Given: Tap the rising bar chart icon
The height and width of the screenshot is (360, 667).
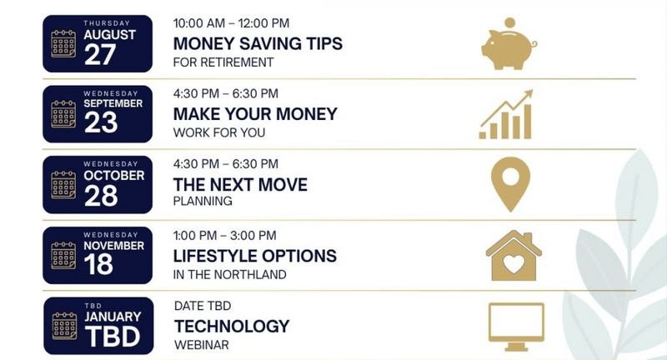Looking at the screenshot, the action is pyautogui.click(x=506, y=115).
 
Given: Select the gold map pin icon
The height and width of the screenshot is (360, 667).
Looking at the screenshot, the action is pyautogui.click(x=510, y=184).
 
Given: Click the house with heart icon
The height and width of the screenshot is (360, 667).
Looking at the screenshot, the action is pyautogui.click(x=514, y=256).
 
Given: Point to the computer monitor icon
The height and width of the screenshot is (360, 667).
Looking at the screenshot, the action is pyautogui.click(x=516, y=327).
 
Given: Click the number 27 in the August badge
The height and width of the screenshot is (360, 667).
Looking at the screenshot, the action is pyautogui.click(x=100, y=54).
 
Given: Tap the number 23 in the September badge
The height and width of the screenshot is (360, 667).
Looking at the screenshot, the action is pyautogui.click(x=101, y=122).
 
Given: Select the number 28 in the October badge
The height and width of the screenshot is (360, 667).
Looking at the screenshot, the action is pyautogui.click(x=101, y=196).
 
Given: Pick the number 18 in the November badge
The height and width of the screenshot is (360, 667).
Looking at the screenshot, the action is pyautogui.click(x=98, y=264).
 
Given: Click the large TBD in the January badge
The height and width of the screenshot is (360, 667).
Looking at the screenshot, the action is pyautogui.click(x=113, y=337).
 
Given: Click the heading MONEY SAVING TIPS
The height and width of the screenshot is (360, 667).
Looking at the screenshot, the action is pyautogui.click(x=258, y=44).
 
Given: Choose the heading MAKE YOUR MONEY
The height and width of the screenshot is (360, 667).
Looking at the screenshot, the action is pyautogui.click(x=255, y=114).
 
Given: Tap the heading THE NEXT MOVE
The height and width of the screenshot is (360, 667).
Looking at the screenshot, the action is pyautogui.click(x=240, y=185).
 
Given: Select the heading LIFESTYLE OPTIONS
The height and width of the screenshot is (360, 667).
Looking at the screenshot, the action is pyautogui.click(x=255, y=256).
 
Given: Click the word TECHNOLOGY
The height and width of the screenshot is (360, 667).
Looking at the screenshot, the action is pyautogui.click(x=232, y=327).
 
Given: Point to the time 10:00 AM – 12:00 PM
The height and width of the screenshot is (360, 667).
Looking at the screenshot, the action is pyautogui.click(x=231, y=23).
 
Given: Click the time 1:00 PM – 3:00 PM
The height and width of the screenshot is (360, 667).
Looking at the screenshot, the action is pyautogui.click(x=224, y=235).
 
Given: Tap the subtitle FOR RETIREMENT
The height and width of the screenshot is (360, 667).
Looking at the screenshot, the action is pyautogui.click(x=223, y=62).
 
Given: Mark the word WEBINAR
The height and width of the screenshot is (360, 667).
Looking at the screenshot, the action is pyautogui.click(x=202, y=345).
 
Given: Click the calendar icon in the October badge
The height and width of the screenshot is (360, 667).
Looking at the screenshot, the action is pyautogui.click(x=63, y=185).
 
